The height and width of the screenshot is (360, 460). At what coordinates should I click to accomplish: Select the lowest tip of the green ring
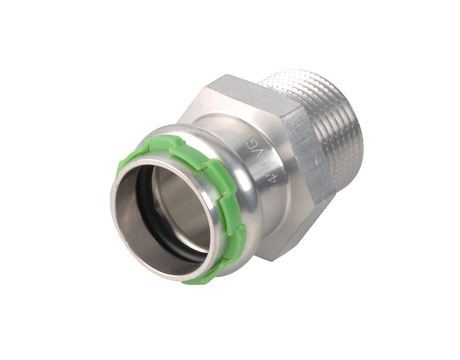(x=192, y=282)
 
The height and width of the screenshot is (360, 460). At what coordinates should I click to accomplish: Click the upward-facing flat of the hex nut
(x=245, y=94)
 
